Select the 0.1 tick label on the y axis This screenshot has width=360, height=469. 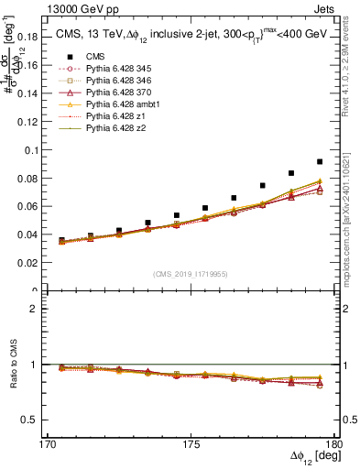(x=38, y=149)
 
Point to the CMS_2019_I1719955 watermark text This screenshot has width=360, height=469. (x=191, y=274)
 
